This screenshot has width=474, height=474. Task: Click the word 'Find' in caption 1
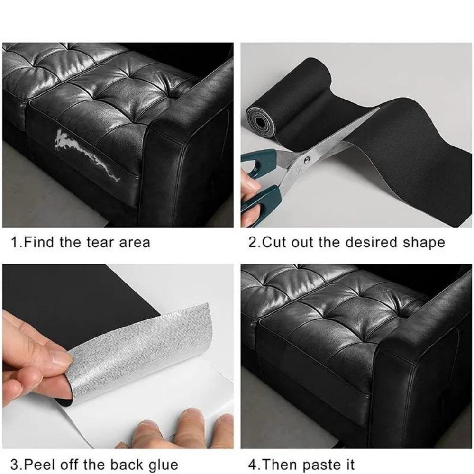40,242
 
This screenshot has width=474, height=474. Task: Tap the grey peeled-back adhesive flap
142,351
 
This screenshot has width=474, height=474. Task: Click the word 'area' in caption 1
134,242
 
